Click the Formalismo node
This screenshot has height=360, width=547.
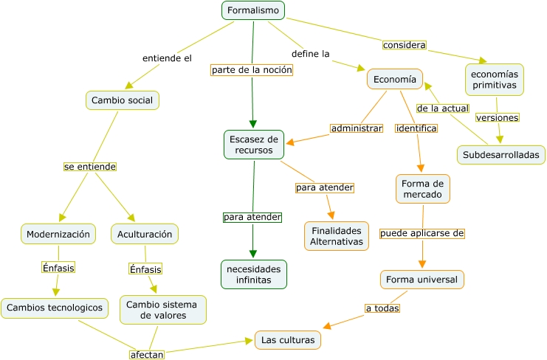253,10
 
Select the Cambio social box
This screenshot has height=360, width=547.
123,100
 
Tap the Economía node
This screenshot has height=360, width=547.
394,80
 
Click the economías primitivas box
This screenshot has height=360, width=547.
495,80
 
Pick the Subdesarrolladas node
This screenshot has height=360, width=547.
501,155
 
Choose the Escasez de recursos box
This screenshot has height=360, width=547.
254,145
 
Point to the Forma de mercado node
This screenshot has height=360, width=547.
423,189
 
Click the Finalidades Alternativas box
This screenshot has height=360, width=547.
337,236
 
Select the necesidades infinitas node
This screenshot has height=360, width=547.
253,274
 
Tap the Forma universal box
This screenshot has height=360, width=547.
422,280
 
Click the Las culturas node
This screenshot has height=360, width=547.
288,340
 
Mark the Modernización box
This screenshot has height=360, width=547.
58,234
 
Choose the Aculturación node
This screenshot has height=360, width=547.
145,234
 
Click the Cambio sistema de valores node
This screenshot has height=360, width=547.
163,310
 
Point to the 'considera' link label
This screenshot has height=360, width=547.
405,45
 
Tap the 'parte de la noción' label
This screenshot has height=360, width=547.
252,70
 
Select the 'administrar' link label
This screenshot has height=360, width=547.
357,128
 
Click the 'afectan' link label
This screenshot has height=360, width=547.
146,354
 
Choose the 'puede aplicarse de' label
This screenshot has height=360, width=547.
422,234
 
